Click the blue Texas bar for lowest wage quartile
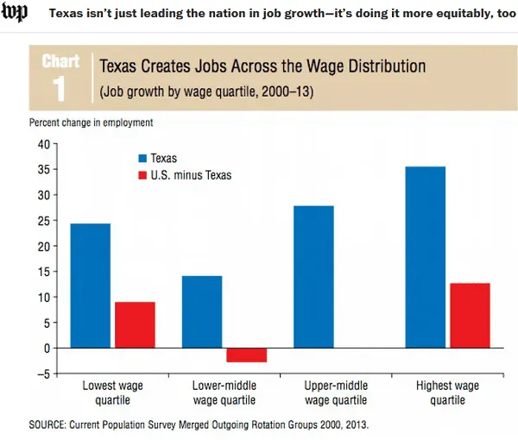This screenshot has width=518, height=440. coord(90,286)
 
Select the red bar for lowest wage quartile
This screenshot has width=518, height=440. coord(135,324)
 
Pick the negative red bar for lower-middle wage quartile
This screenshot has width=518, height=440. coord(247,355)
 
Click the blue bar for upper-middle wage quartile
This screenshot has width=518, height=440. coord(313,276)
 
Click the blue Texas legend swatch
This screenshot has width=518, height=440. coord(142,159)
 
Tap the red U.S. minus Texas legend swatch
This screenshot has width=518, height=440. coord(142,175)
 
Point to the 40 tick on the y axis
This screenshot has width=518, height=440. coord(41,143)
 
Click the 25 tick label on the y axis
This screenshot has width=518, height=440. coord(41,220)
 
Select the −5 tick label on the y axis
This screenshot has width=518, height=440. coord(40,374)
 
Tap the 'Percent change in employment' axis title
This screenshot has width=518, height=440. coord(91,123)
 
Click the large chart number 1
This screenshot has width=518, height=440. coord(60,88)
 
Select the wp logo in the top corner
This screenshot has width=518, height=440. coord(15,14)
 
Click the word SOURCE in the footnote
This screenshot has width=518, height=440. coord(52,424)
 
